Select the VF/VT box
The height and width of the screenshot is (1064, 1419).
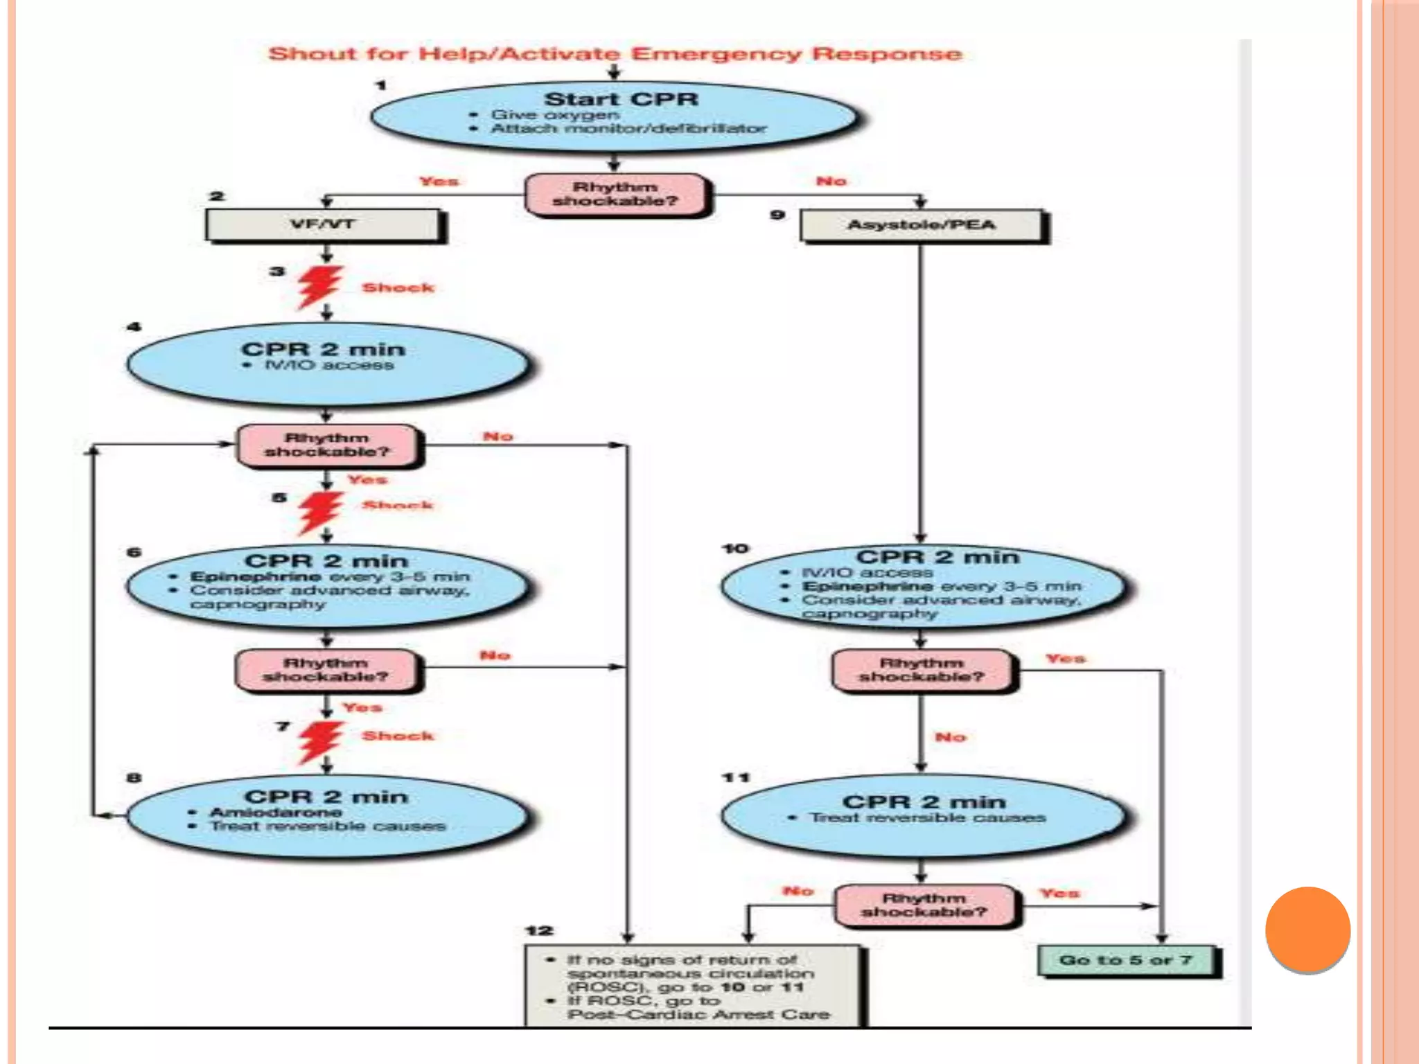pos(323,224)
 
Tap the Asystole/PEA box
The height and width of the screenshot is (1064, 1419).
pos(921,225)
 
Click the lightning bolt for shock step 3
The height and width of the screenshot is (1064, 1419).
pos(320,286)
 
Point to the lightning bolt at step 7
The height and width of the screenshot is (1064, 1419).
pos(320,742)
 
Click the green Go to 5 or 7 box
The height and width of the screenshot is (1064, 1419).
pos(1126,961)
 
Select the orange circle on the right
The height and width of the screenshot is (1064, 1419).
pos(1307,929)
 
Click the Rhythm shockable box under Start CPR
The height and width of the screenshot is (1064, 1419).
pos(615,195)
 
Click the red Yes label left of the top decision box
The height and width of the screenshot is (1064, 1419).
pos(439,181)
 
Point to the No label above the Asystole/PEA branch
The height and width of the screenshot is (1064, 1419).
pos(831,181)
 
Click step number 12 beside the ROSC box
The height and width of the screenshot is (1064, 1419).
pos(539,931)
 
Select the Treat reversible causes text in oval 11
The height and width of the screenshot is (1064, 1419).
pos(928,818)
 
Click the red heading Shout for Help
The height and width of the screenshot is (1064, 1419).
pos(615,54)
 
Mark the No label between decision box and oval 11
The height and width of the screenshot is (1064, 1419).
pos(950,737)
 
